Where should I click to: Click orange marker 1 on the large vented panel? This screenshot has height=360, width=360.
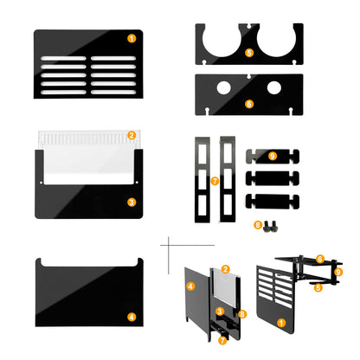tap(132, 38)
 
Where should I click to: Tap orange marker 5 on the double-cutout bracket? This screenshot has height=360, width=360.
tap(249, 53)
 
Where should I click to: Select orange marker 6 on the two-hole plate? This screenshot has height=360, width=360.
tap(249, 104)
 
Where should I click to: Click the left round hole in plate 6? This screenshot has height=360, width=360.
tap(224, 87)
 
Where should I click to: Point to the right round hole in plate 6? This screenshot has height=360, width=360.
tap(274, 87)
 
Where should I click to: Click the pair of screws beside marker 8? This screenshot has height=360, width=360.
tap(270, 226)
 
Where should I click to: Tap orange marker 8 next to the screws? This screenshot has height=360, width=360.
tap(258, 225)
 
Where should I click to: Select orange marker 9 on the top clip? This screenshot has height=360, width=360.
tap(273, 156)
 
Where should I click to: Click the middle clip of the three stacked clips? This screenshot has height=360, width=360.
tap(273, 178)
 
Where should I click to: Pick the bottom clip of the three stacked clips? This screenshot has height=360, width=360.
tap(273, 202)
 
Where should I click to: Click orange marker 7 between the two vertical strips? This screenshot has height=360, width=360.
tap(215, 181)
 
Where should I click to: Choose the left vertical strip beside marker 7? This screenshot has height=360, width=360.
tap(202, 179)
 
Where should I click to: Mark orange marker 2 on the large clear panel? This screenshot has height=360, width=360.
tap(132, 135)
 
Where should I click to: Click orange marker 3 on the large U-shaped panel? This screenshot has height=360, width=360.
tap(132, 202)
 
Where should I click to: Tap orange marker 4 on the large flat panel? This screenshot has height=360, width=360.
tap(132, 317)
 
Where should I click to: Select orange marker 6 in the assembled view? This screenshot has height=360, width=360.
tap(319, 259)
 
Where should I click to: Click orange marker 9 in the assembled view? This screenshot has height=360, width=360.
tap(338, 272)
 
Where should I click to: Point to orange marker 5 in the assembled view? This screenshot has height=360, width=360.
tap(318, 287)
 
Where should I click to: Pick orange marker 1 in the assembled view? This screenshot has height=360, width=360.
tap(281, 323)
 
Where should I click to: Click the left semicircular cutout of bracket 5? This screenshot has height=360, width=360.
tap(222, 41)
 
